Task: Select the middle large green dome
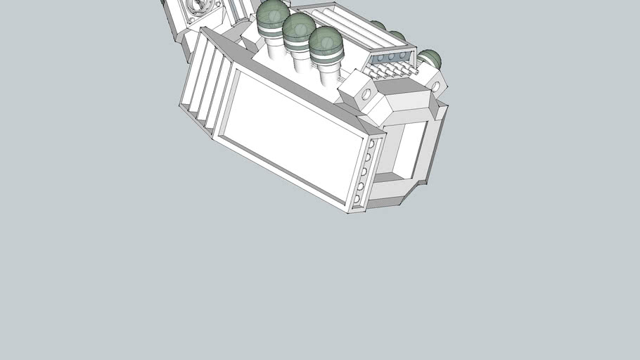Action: coord(299,27)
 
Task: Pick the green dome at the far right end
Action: coord(430,59)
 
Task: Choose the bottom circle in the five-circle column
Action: coord(358,199)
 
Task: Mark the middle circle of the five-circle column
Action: coord(364,171)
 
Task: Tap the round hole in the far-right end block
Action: coord(435,86)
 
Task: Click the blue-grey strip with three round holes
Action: coord(390,56)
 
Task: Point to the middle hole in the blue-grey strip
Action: coord(391,56)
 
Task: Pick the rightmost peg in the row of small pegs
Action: coord(415,71)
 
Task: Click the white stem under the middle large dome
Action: coord(301,60)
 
